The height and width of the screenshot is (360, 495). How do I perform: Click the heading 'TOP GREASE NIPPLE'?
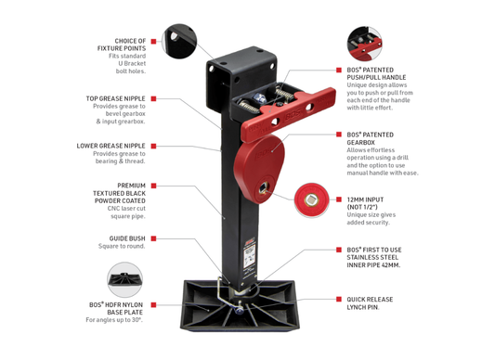(115, 98)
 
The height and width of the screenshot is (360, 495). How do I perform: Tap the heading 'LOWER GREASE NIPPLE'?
(111, 146)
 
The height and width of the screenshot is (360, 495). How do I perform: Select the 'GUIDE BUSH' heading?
(127, 238)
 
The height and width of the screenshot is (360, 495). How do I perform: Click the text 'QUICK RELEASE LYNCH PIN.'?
(370, 303)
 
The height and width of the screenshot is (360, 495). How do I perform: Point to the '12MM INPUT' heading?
(365, 199)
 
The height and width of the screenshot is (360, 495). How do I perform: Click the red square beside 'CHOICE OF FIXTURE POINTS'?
(154, 42)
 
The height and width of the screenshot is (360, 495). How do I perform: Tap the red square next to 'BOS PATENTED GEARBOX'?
(339, 135)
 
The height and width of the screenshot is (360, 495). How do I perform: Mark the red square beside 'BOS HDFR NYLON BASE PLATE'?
(154, 304)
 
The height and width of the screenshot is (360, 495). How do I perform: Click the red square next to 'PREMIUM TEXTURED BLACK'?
(154, 186)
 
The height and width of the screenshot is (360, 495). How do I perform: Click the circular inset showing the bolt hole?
(179, 41)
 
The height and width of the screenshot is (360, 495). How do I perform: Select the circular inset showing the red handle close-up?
(364, 44)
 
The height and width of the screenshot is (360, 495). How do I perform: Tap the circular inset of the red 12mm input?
(312, 199)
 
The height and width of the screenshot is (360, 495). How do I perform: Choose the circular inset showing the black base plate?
(124, 279)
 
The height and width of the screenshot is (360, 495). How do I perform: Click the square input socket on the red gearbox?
(263, 189)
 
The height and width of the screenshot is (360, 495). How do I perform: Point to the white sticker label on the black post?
(249, 257)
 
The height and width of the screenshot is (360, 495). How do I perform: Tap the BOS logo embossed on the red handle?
(293, 116)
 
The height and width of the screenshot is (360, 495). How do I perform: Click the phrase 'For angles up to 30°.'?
(114, 320)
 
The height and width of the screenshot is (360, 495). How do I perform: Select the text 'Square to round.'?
(122, 246)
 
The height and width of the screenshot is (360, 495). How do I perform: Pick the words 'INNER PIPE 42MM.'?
(373, 265)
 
